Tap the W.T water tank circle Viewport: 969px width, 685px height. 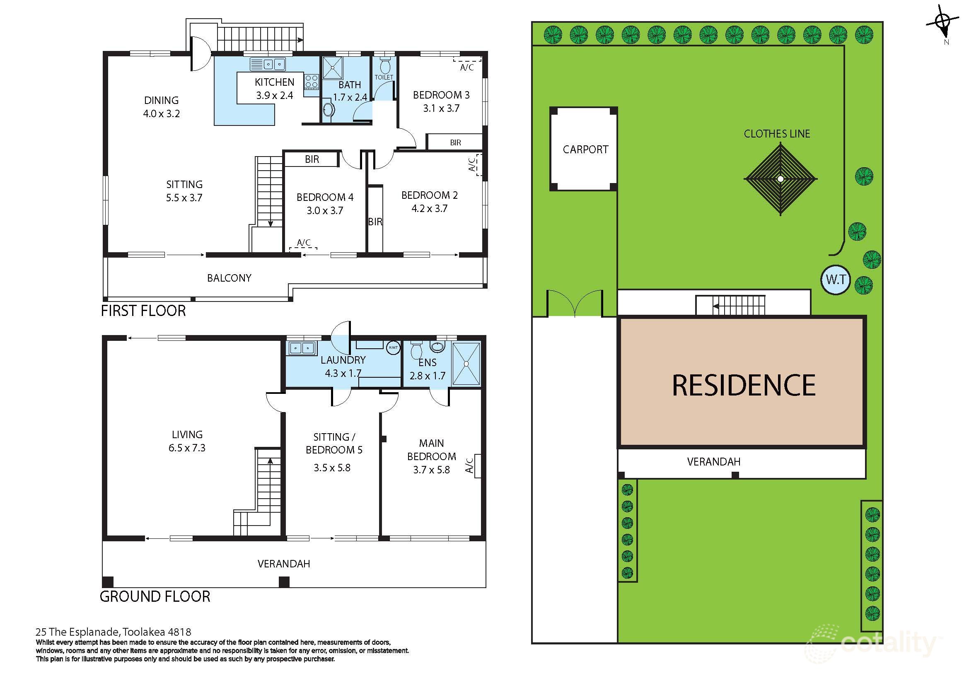pos(835,280)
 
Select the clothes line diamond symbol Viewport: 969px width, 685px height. pos(781,179)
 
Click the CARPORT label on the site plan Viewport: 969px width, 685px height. pos(585,150)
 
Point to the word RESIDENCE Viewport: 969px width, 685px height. pos(743,385)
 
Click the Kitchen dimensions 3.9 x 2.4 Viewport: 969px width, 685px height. pos(274,95)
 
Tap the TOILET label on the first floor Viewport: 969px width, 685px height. pos(384,77)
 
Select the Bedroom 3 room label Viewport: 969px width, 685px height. pos(441,95)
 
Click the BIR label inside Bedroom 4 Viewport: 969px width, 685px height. pos(312,159)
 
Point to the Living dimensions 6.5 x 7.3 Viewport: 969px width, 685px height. pos(187,448)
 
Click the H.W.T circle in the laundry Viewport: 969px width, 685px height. pos(393,347)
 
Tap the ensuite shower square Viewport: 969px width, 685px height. pos(466,363)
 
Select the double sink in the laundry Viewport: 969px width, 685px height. pos(302,348)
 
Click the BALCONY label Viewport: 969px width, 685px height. pos(229,278)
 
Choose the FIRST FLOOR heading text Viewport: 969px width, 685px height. pos(143,311)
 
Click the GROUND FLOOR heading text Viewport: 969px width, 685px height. pos(155,596)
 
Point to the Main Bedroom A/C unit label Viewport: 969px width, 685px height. pos(469,466)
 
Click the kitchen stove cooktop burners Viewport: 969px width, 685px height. pos(312,81)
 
